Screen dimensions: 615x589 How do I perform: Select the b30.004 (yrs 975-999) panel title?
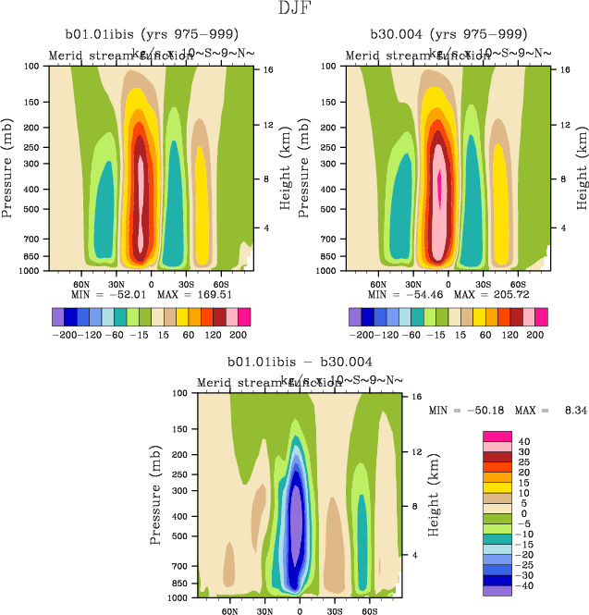(x=444, y=36)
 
